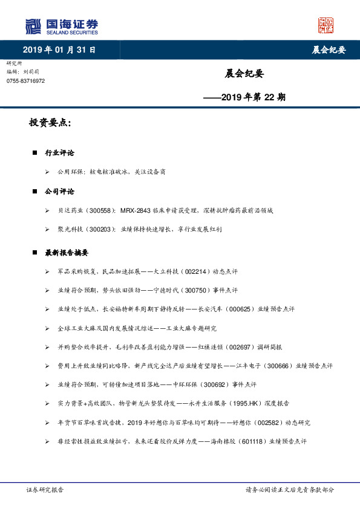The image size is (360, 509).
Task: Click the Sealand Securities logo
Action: pos(61,26)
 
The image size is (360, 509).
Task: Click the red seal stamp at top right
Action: pos(326,25)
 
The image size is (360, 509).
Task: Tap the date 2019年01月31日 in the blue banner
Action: pos(59,50)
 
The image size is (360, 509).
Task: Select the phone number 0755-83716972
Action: pos(25,81)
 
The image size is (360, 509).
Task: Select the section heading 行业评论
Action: pos(59,153)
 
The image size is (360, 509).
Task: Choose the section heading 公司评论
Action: pos(59,191)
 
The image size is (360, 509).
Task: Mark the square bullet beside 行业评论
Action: pos(35,153)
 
